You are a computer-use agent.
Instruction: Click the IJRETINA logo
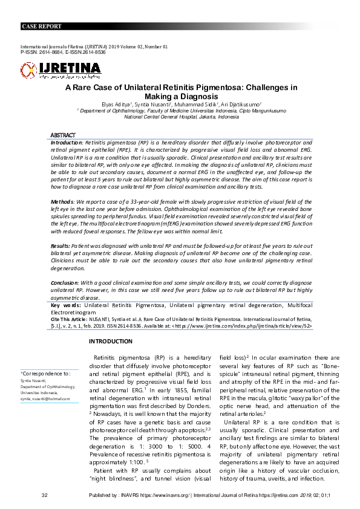pos(61,70)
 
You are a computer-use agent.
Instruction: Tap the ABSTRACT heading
pos(63,135)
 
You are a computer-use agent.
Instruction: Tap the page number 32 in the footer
pos(44,496)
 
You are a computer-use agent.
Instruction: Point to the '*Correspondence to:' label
pos(45,374)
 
